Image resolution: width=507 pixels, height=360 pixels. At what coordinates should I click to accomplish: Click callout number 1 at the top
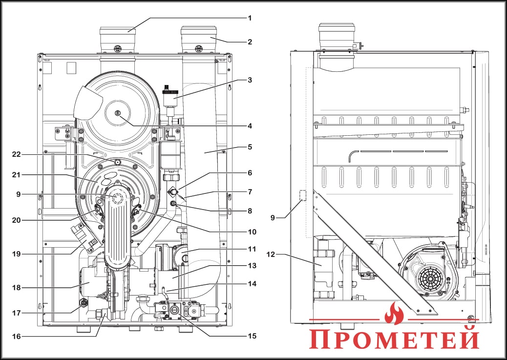pyautogui.click(x=249, y=19)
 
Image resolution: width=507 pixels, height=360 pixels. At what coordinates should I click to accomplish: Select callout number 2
pyautogui.click(x=249, y=42)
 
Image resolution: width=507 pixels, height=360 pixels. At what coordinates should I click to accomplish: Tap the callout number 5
pyautogui.click(x=249, y=146)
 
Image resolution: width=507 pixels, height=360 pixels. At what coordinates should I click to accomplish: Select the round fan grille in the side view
pyautogui.click(x=426, y=280)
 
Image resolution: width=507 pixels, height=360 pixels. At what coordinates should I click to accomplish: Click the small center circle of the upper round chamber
pyautogui.click(x=117, y=113)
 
